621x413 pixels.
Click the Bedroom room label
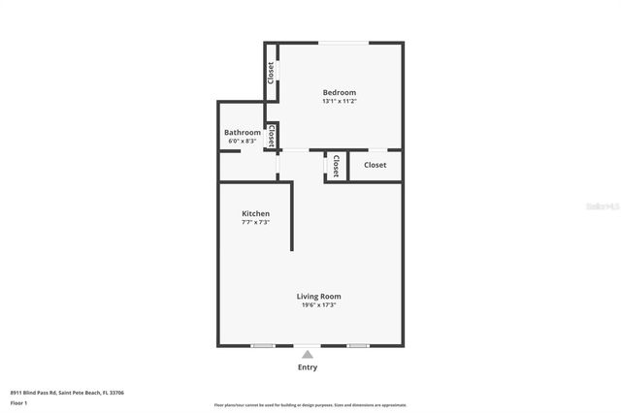pyautogui.click(x=340, y=92)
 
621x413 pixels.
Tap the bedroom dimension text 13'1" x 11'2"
pyautogui.click(x=340, y=101)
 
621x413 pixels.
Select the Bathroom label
pyautogui.click(x=242, y=132)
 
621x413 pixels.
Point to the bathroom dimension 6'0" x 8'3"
pyautogui.click(x=242, y=142)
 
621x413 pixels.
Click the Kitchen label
pyautogui.click(x=255, y=213)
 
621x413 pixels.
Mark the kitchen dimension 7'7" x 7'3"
pyautogui.click(x=255, y=222)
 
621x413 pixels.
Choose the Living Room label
pyautogui.click(x=318, y=296)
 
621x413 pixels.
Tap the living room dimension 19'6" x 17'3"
pyautogui.click(x=318, y=304)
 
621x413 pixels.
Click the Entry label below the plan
pyautogui.click(x=307, y=367)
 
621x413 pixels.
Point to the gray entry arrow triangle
pyautogui.click(x=307, y=355)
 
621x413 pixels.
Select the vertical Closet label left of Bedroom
pyautogui.click(x=271, y=72)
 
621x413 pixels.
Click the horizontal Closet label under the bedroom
pyautogui.click(x=375, y=165)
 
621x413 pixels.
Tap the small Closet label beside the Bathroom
pyautogui.click(x=272, y=136)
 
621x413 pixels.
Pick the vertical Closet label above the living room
pyautogui.click(x=336, y=166)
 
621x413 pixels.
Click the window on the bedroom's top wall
pyautogui.click(x=343, y=43)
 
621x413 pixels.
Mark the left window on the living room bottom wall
pyautogui.click(x=262, y=345)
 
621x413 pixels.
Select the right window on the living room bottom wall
pyautogui.click(x=357, y=345)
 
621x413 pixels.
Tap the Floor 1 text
pyautogui.click(x=19, y=402)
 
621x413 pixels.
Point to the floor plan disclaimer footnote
pyautogui.click(x=310, y=405)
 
